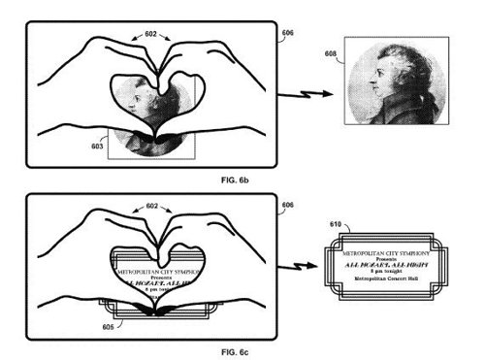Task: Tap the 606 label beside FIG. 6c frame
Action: point(288,206)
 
